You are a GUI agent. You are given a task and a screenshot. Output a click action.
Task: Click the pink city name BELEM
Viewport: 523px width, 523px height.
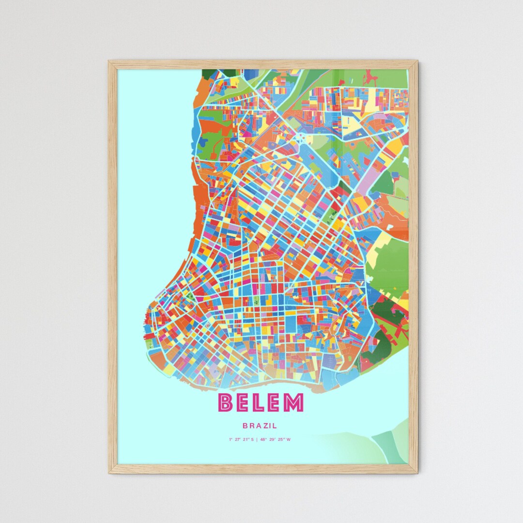pyautogui.click(x=261, y=403)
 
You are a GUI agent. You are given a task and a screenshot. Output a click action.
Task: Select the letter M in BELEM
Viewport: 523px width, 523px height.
pyautogui.click(x=293, y=403)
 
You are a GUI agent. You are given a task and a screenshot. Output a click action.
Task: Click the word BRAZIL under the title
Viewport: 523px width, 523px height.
pyautogui.click(x=261, y=426)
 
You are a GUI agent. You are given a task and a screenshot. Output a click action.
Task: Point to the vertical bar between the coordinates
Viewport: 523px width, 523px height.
pyautogui.click(x=257, y=440)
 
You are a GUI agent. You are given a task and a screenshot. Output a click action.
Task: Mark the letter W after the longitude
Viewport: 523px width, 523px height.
pyautogui.click(x=289, y=440)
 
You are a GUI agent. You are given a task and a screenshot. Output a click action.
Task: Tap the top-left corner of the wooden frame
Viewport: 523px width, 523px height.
pyautogui.click(x=110, y=62)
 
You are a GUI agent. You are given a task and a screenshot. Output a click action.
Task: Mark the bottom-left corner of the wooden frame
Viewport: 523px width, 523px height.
pyautogui.click(x=110, y=472)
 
